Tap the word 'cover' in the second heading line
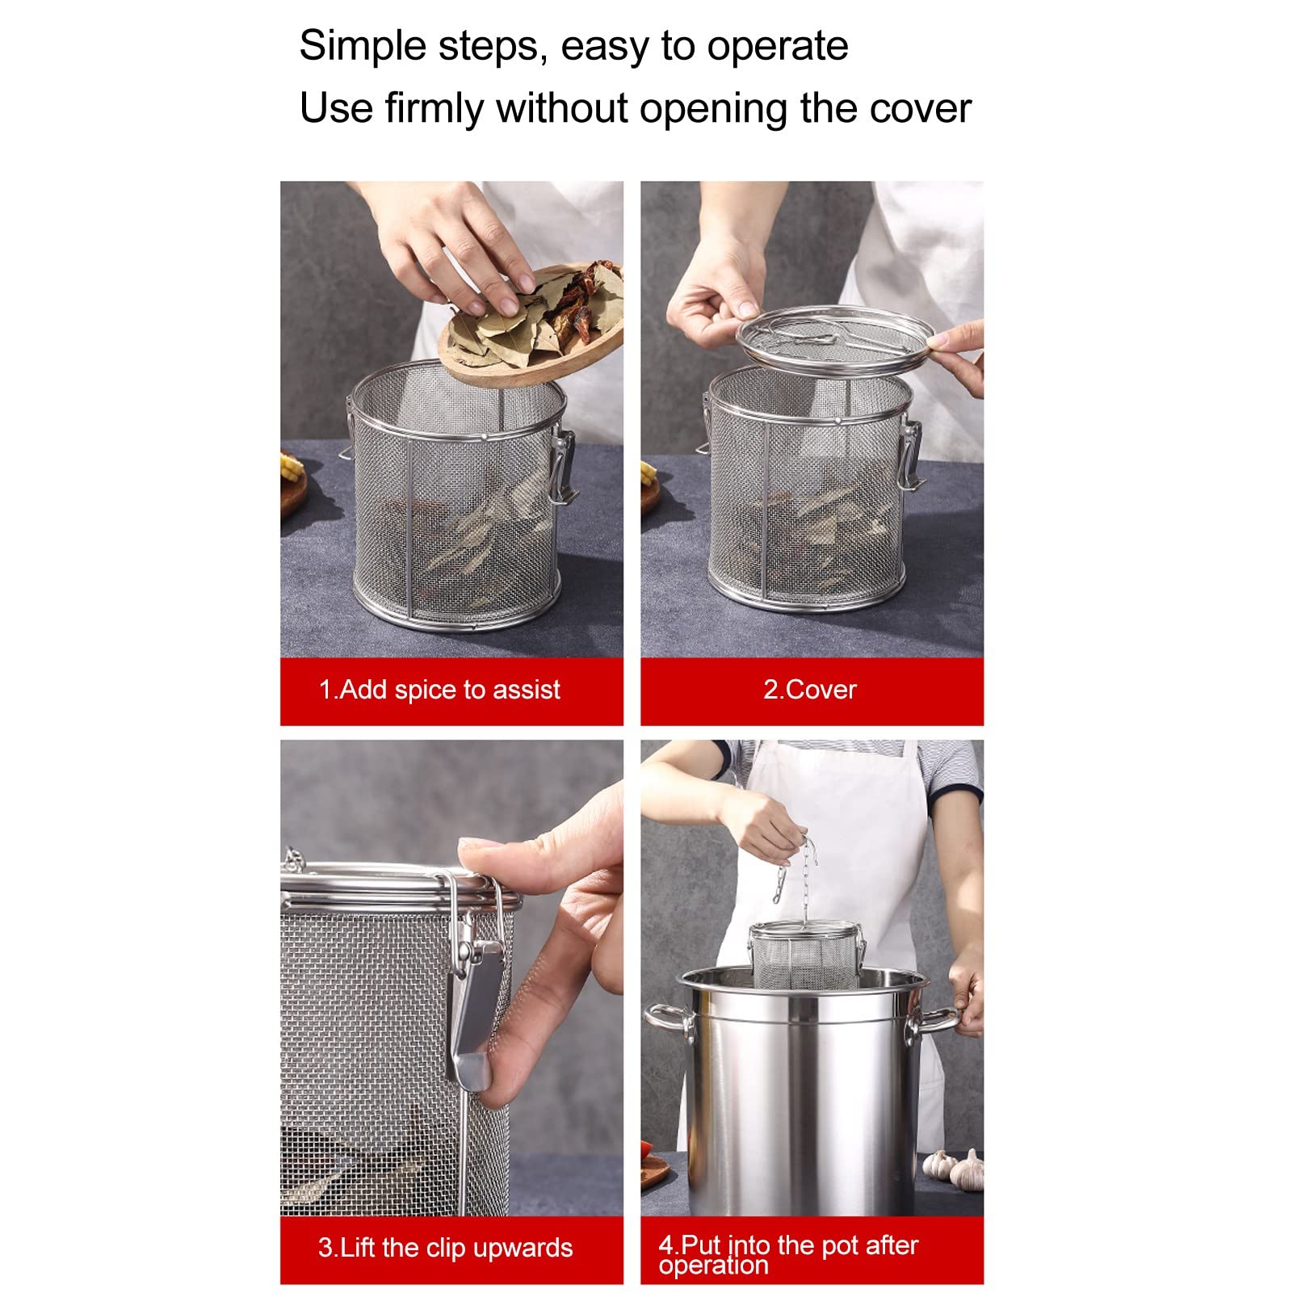coord(920,108)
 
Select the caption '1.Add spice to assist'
coord(439,690)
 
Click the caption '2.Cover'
coord(810,690)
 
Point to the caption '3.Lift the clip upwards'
coord(445,1248)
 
